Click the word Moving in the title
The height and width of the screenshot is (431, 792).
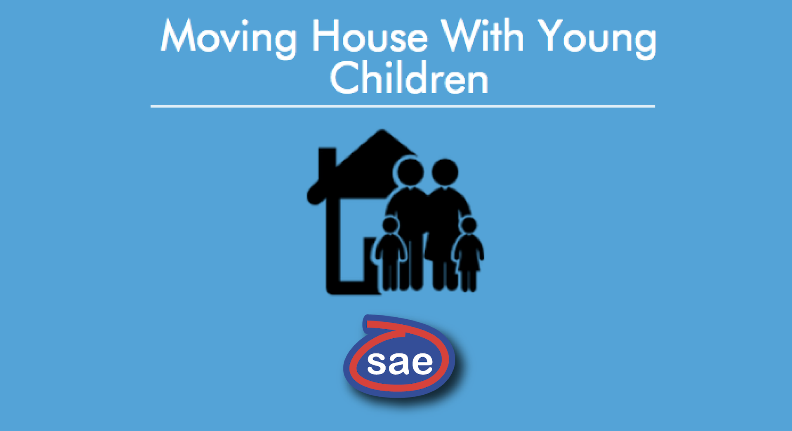(x=229, y=38)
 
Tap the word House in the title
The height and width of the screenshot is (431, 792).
(x=370, y=36)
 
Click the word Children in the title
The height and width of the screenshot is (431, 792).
(x=409, y=77)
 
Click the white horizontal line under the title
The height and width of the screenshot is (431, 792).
(x=403, y=106)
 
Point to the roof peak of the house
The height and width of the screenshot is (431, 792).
(x=382, y=131)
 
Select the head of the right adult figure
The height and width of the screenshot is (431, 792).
(x=445, y=172)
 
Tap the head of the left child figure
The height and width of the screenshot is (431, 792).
(x=390, y=226)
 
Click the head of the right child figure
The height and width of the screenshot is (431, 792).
(x=469, y=225)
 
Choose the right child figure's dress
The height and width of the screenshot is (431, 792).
(x=469, y=253)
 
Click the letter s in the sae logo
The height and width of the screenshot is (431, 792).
(x=376, y=363)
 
